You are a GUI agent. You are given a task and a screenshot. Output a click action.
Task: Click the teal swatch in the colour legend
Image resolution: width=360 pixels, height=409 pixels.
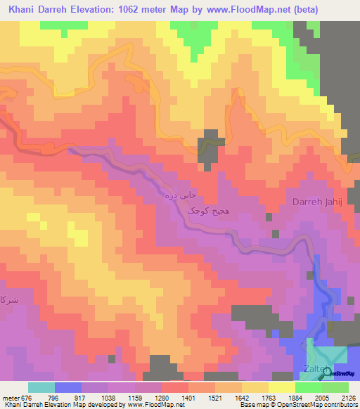click(41, 387)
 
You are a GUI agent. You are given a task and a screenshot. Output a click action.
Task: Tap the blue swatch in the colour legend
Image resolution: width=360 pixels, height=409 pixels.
click(67, 387)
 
